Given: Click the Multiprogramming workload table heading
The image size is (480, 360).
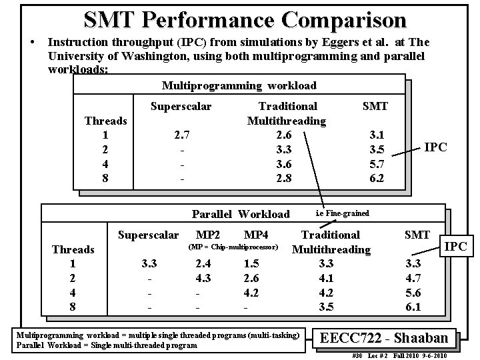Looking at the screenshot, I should pos(239,85).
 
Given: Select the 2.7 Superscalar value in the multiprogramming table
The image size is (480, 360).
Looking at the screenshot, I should pos(181,135).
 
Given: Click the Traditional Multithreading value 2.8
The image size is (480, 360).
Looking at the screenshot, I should pos(286,179).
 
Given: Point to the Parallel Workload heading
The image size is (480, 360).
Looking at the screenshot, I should pos(241,214).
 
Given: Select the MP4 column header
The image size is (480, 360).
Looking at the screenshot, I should pos(256,235).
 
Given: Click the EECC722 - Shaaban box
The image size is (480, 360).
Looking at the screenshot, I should pos(391,338).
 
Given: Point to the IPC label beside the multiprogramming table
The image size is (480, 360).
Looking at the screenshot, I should pos(436,147).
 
